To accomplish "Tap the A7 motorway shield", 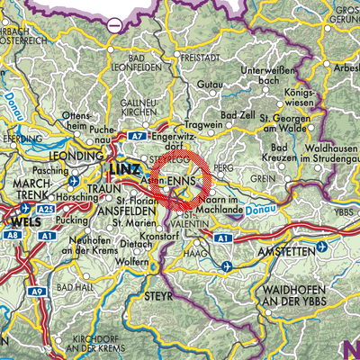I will (136, 136).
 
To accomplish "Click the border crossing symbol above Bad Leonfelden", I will (114, 25).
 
